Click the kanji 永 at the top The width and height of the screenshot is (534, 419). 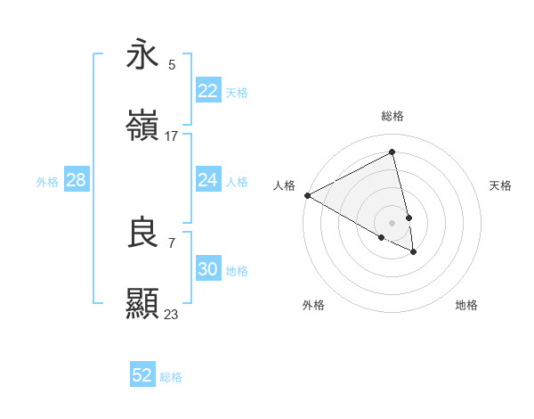142,54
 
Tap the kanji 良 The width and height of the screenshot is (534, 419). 142,233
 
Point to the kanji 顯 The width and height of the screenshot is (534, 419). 142,304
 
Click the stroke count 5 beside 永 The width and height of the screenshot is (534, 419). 172,64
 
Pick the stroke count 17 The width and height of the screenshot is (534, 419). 172,136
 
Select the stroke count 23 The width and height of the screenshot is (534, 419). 172,314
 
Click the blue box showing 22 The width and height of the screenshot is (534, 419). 207,91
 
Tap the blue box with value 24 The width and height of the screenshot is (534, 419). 207,180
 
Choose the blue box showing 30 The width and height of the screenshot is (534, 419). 207,269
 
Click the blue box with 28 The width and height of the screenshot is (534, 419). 76,180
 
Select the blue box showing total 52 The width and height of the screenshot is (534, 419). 142,375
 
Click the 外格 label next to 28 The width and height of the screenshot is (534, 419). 47,181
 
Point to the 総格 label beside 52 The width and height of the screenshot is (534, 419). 171,377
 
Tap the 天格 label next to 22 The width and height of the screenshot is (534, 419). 237,92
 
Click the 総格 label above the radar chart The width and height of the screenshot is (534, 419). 392,116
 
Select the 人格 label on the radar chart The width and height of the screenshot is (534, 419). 284,185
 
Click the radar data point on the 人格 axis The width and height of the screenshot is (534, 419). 307,195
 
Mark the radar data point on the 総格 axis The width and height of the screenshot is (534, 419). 392,152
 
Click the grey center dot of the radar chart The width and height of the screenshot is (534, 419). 392,222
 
